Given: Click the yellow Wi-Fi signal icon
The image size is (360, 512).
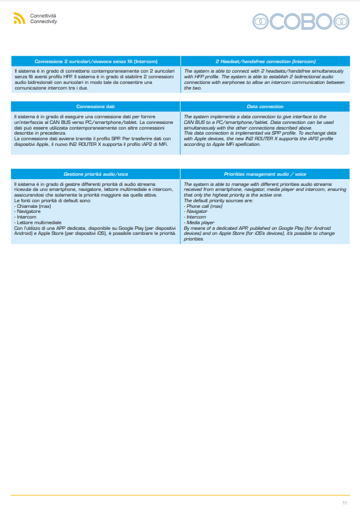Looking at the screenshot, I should [19, 19].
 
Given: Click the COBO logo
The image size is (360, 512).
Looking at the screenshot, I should [301, 21].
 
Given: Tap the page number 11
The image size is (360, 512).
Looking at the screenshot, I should [344, 502].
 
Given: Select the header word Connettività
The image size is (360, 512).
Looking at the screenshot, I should [43, 16].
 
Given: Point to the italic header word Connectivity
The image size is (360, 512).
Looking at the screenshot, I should [43, 21].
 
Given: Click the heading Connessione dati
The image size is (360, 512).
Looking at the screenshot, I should [95, 106].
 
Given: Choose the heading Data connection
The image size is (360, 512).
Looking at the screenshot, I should [265, 106].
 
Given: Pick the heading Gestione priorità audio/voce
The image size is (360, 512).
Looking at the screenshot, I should [95, 174].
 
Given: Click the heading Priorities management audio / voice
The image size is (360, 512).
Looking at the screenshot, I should [265, 174].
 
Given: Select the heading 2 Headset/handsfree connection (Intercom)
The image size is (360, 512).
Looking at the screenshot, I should [265, 61].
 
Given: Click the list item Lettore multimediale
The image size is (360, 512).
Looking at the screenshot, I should [37, 222].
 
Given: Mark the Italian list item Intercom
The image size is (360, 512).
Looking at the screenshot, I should [26, 217].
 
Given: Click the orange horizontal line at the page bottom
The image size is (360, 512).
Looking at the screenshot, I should [180, 495].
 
